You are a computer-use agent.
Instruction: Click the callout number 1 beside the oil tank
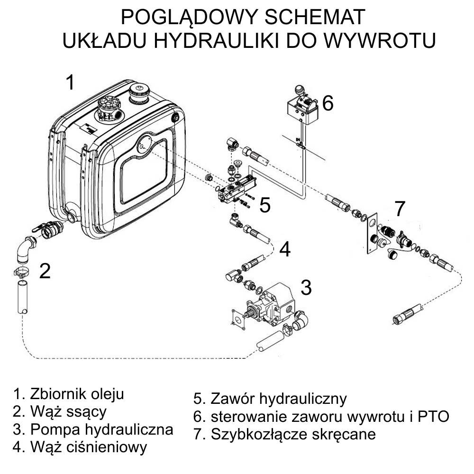[70, 82]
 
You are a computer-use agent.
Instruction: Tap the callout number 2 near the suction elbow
[45, 271]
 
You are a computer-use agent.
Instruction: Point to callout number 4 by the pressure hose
[284, 249]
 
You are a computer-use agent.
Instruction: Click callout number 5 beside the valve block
[265, 206]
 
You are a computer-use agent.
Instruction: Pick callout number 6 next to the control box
[328, 103]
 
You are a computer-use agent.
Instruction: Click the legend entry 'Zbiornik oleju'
[76, 394]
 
